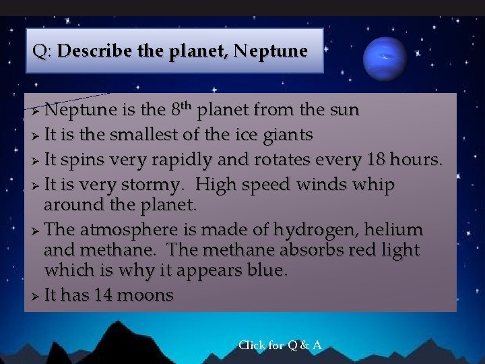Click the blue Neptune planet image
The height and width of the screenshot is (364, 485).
tap(385, 59)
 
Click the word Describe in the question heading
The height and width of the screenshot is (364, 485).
tap(91, 51)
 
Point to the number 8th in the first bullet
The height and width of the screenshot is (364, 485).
tap(183, 108)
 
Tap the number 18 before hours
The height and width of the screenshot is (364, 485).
tap(375, 160)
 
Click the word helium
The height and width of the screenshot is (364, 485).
tap(395, 229)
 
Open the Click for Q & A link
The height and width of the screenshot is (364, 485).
tap(280, 345)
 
